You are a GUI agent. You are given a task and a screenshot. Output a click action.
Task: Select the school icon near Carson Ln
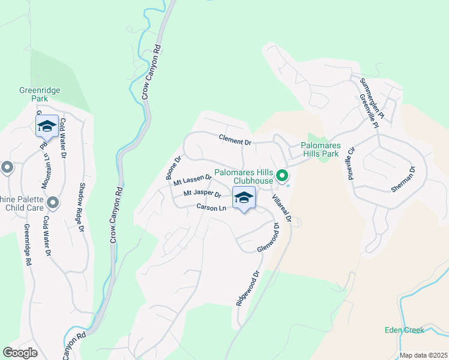244,198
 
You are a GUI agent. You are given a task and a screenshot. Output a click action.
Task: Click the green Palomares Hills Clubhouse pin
282,176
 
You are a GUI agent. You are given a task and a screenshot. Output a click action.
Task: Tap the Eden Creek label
405,330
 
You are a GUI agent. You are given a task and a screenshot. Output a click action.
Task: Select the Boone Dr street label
173,169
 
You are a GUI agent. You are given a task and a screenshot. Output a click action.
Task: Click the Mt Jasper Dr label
203,193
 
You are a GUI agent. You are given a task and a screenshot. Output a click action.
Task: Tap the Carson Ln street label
211,208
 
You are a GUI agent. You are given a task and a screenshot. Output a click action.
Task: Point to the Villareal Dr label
281,208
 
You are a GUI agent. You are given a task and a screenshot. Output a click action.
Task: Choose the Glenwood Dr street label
268,238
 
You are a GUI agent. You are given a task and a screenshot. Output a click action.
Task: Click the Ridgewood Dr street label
247,289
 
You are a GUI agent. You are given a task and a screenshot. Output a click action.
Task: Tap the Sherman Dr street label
403,179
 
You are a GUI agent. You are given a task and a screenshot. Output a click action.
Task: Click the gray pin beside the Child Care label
53,202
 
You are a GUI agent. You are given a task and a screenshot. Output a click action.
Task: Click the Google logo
20,353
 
